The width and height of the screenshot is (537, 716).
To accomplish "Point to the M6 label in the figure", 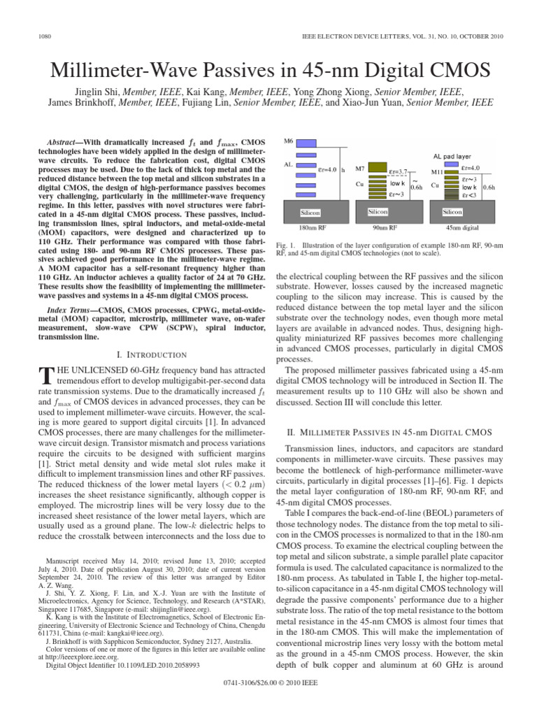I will click(x=289, y=141).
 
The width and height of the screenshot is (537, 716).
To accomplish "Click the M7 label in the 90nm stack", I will click(x=360, y=169).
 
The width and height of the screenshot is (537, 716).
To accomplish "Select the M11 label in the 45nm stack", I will click(x=436, y=171).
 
